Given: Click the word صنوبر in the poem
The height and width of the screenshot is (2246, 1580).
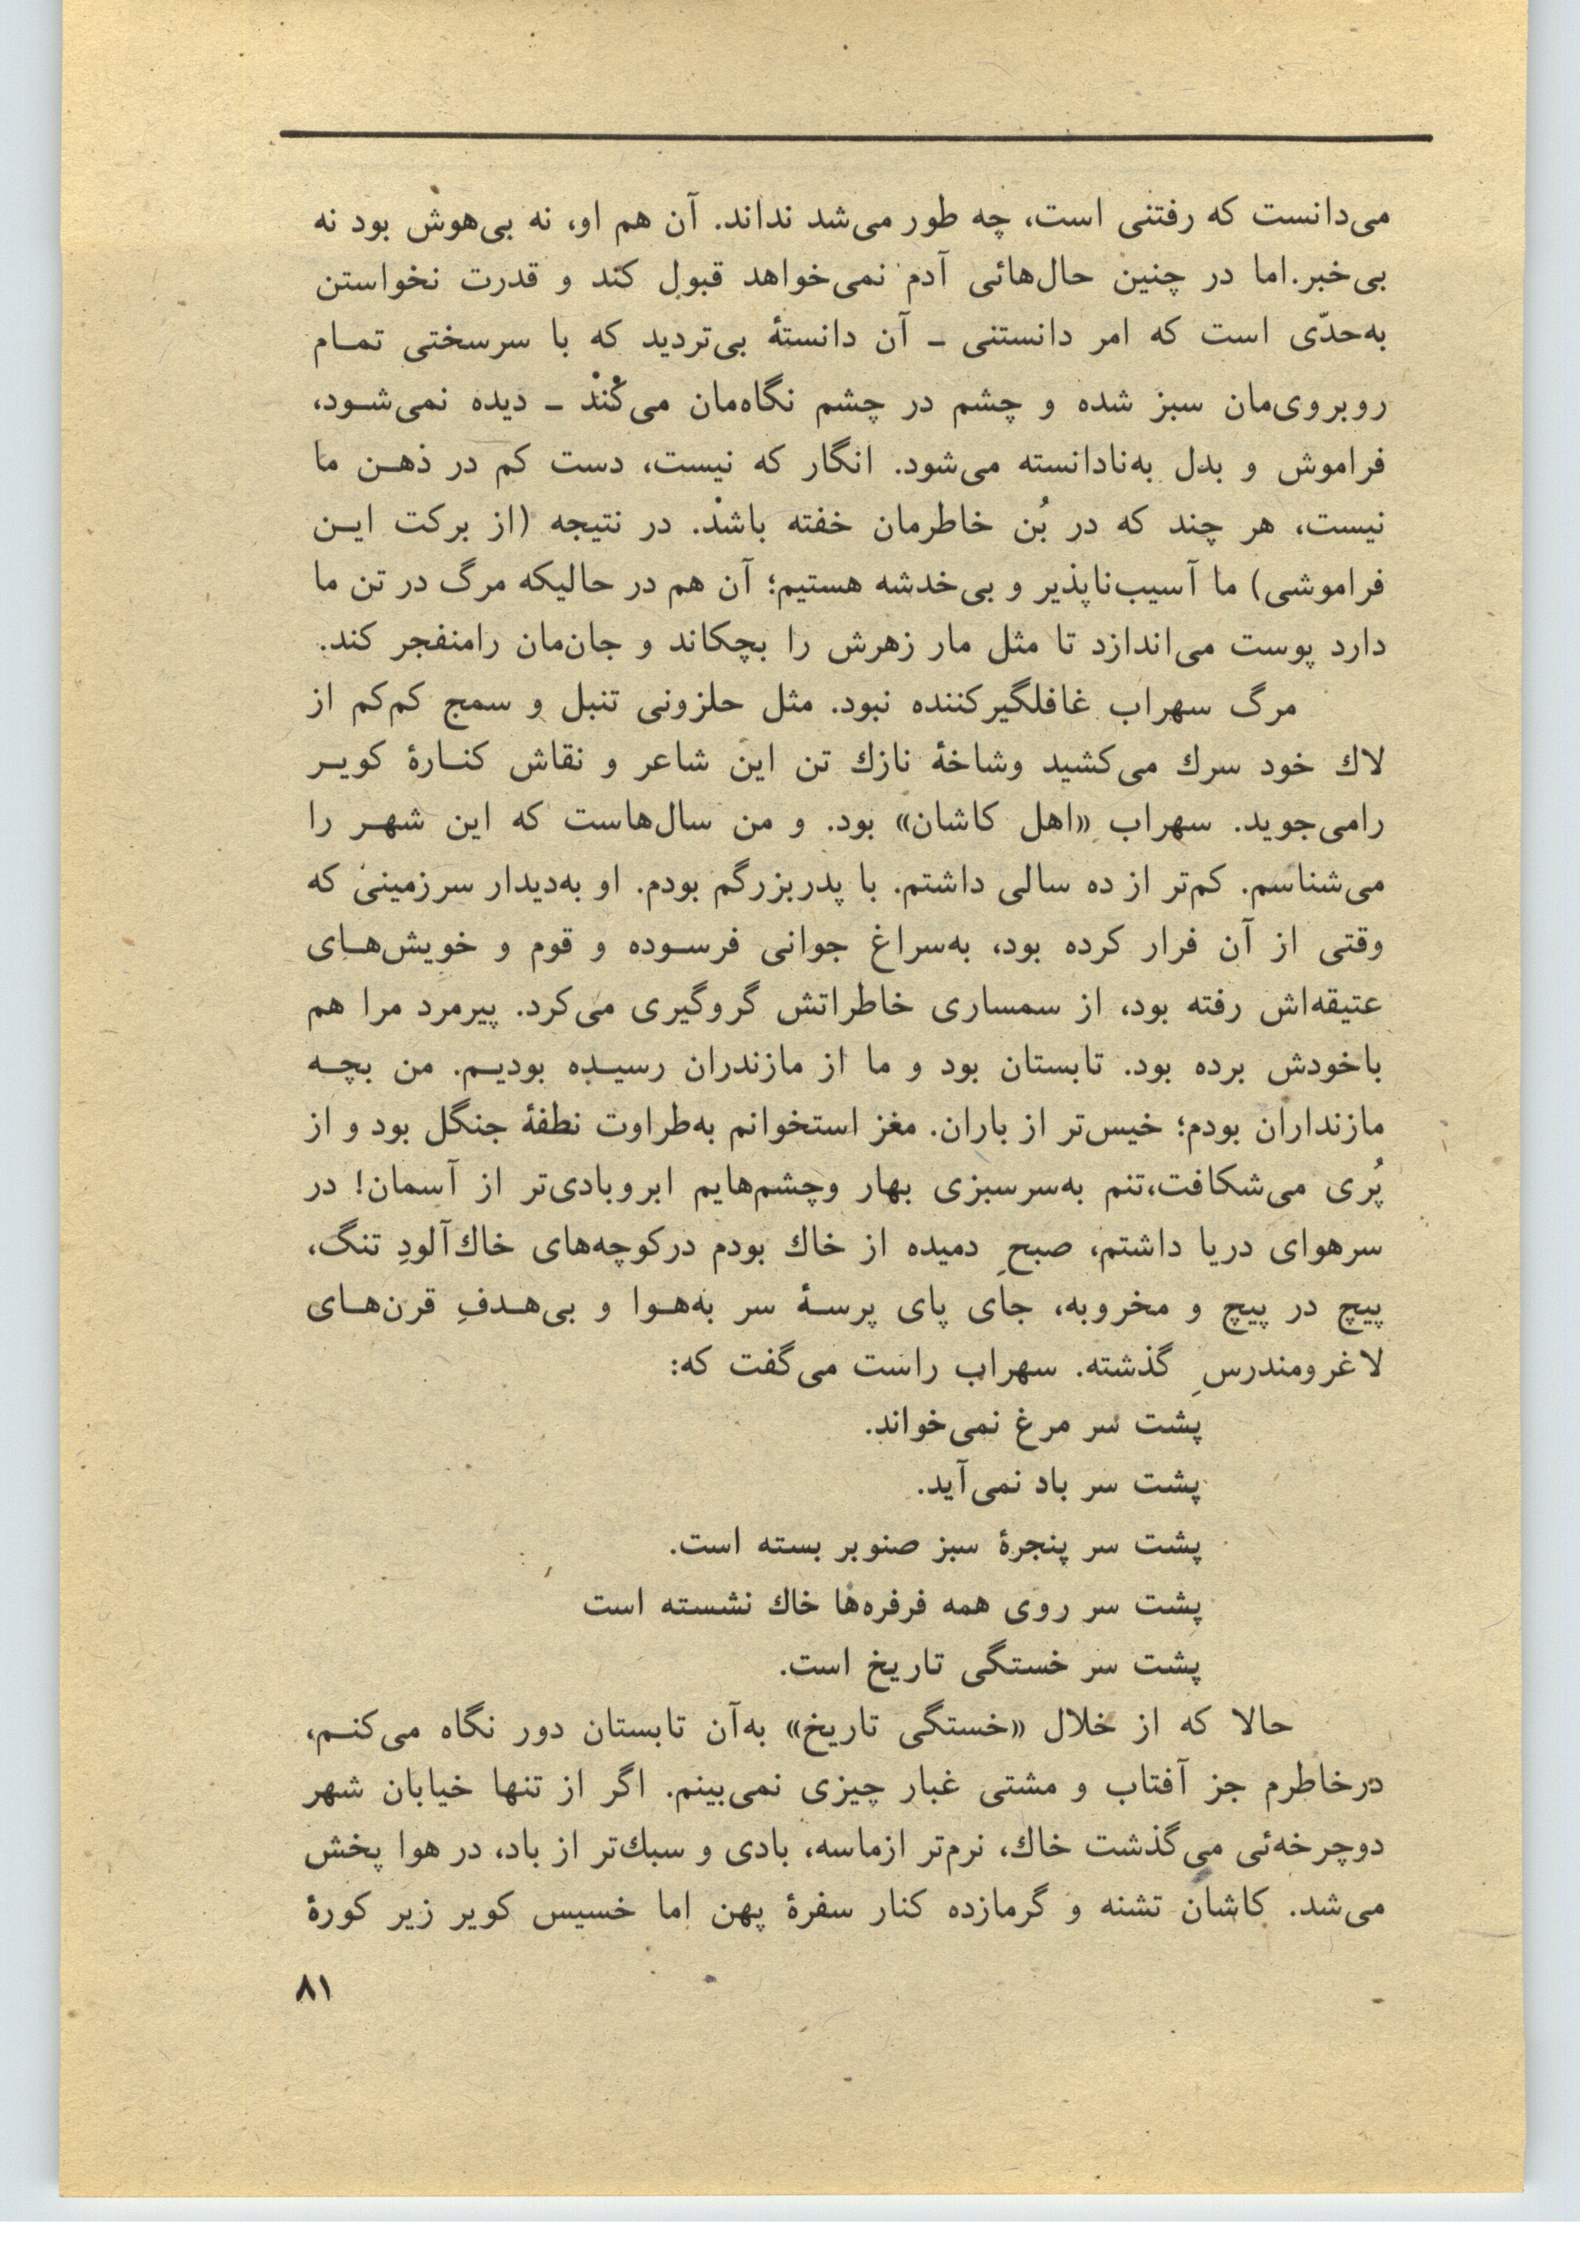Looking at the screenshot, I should pyautogui.click(x=886, y=1545).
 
